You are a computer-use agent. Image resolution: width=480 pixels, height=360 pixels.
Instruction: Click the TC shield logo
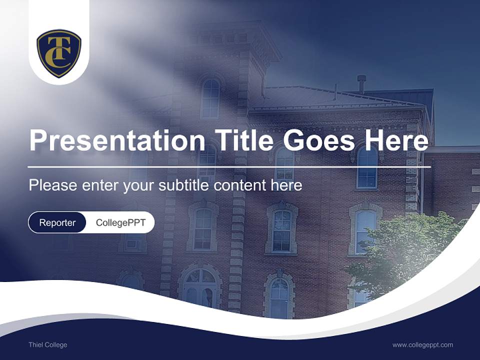pyautogui.click(x=59, y=53)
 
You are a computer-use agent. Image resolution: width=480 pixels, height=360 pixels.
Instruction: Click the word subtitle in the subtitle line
pyautogui.click(x=184, y=185)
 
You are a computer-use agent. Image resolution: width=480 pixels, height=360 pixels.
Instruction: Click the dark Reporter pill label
pyautogui.click(x=57, y=222)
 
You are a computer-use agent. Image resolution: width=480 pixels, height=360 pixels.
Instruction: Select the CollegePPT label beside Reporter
pyautogui.click(x=120, y=222)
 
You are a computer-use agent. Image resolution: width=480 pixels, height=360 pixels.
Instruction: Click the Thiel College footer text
pyautogui.click(x=48, y=345)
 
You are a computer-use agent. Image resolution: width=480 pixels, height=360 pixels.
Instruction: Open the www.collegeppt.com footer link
pyautogui.click(x=422, y=345)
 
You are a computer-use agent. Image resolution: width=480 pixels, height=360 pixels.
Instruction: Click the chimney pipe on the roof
pyautogui.click(x=361, y=83)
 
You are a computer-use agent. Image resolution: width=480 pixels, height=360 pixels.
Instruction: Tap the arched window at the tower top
pyautogui.click(x=210, y=98)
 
